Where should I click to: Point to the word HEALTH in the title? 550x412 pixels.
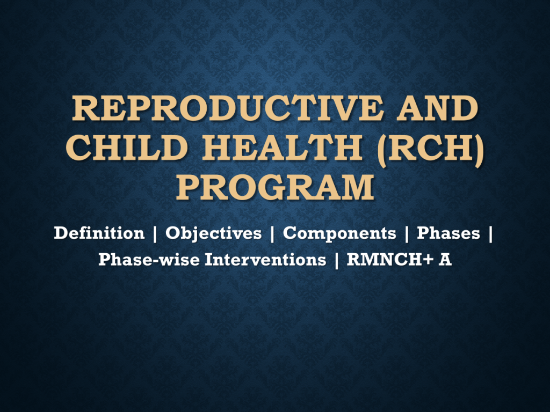pyautogui.click(x=282, y=148)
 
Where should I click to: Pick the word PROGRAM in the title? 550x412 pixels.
pyautogui.click(x=275, y=187)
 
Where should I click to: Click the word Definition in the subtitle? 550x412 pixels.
pyautogui.click(x=99, y=233)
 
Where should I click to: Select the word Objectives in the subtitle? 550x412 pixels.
pyautogui.click(x=214, y=233)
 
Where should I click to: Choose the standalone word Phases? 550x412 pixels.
pyautogui.click(x=448, y=233)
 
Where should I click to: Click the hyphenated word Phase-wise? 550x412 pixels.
pyautogui.click(x=149, y=260)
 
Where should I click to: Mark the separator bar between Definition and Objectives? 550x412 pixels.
pyautogui.click(x=155, y=234)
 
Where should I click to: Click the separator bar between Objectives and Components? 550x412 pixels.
pyautogui.click(x=272, y=234)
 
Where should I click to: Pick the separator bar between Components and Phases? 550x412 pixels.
pyautogui.click(x=407, y=234)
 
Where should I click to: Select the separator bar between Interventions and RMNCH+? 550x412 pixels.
pyautogui.click(x=337, y=260)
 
